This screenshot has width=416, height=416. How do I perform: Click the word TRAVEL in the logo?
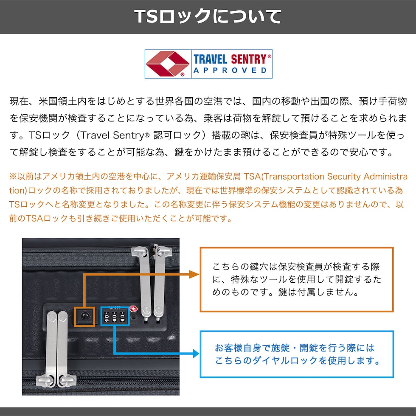(210, 59)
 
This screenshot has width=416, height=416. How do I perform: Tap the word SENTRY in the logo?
(249, 59)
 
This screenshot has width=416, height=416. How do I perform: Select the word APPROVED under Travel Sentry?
(230, 70)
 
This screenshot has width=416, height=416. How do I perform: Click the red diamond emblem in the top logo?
(167, 64)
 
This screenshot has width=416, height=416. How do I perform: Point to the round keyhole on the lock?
(84, 316)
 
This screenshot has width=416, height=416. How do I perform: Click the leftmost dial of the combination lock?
(107, 317)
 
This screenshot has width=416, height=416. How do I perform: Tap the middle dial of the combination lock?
(114, 317)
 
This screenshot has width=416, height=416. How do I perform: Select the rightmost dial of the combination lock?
(122, 317)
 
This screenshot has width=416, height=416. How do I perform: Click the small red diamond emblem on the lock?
(134, 309)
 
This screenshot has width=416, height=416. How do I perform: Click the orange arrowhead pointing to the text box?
(194, 274)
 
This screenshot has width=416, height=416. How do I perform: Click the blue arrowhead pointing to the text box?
(196, 353)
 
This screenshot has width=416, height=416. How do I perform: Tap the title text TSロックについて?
(208, 17)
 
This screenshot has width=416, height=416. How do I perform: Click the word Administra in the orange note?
(385, 177)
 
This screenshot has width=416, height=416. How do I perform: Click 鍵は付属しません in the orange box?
(315, 292)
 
